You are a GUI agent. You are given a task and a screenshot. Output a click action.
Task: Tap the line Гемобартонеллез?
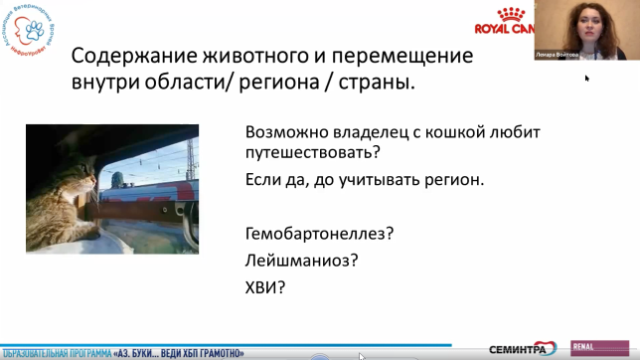pyautogui.click(x=319, y=235)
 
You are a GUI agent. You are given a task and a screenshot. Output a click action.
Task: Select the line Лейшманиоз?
pyautogui.click(x=301, y=262)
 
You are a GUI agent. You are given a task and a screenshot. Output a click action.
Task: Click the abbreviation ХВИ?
pyautogui.click(x=265, y=288)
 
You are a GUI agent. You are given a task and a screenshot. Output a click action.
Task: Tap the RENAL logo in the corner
pyautogui.click(x=585, y=348)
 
